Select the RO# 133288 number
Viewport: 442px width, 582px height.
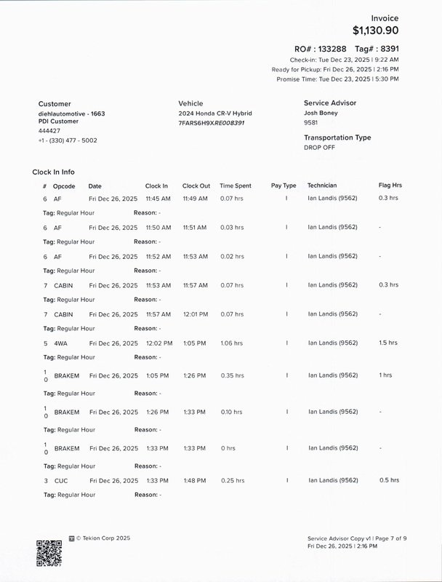click(x=342, y=47)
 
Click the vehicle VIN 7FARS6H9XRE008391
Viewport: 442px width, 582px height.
click(x=212, y=123)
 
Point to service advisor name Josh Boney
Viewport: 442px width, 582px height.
click(x=321, y=113)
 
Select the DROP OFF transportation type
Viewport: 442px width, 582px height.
click(x=320, y=147)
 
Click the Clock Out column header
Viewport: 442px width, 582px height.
click(x=196, y=186)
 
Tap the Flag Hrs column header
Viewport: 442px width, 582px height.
click(x=390, y=186)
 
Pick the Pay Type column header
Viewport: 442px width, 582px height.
click(x=284, y=186)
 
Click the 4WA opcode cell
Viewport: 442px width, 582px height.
click(x=60, y=343)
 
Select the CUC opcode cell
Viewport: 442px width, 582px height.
click(x=61, y=481)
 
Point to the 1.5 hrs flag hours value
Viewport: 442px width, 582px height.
click(x=388, y=343)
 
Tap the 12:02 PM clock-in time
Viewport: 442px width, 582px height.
click(x=158, y=343)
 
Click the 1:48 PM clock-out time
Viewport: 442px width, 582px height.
click(x=195, y=481)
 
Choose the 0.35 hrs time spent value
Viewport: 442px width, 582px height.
click(x=233, y=375)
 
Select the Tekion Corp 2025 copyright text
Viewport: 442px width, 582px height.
click(x=103, y=539)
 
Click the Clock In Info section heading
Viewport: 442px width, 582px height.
click(x=53, y=172)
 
